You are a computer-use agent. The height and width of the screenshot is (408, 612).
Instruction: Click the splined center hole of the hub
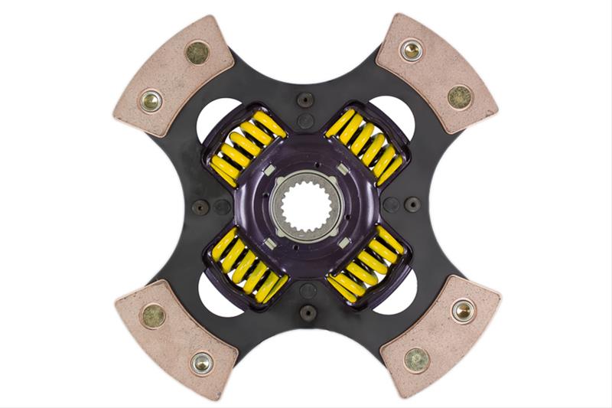pos(306,204)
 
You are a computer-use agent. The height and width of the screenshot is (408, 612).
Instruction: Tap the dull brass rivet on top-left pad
pos(197,53)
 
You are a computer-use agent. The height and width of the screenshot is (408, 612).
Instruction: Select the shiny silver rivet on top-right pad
pos(411,51)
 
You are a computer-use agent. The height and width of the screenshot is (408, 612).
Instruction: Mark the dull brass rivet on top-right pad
pos(460,96)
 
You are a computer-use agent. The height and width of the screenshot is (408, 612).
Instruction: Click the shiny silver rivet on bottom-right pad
pos(463,310)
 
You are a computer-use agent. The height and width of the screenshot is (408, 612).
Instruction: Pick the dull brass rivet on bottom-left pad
pos(153,314)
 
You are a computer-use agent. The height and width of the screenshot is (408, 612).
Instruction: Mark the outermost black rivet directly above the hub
pos(306,98)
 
